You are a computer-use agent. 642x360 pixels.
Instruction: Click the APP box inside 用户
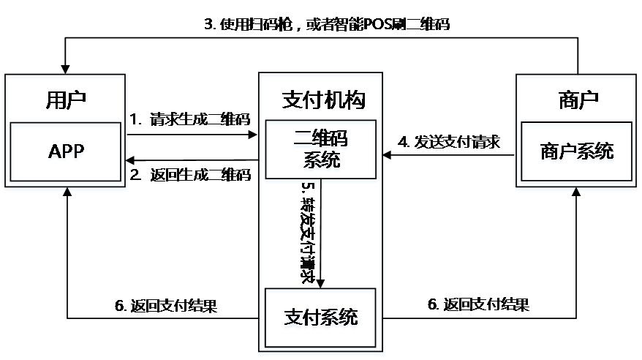click(x=67, y=151)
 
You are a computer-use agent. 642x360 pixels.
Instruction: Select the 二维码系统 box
click(x=320, y=149)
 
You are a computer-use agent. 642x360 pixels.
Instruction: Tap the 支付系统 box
click(x=320, y=318)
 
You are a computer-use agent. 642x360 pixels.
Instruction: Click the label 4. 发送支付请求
click(x=449, y=142)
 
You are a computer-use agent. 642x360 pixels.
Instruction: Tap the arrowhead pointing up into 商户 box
click(x=577, y=192)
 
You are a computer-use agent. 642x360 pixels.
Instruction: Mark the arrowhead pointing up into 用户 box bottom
click(x=67, y=190)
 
